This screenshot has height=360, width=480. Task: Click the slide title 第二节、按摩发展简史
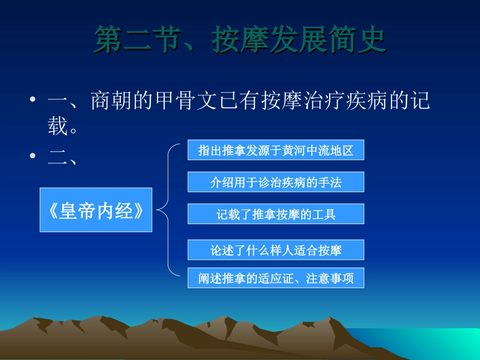pyautogui.click(x=241, y=40)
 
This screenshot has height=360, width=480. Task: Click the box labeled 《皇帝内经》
pyautogui.click(x=96, y=210)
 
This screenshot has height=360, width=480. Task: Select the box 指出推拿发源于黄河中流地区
pyautogui.click(x=276, y=150)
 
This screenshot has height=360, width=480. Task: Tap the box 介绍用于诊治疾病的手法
pyautogui.click(x=276, y=182)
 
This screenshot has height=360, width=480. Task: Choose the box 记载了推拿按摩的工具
pyautogui.click(x=276, y=214)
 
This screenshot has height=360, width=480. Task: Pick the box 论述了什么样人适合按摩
pyautogui.click(x=276, y=250)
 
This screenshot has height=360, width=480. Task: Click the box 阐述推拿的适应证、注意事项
pyautogui.click(x=276, y=278)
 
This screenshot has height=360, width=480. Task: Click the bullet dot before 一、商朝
pyautogui.click(x=33, y=100)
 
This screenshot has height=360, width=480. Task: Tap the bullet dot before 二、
pyautogui.click(x=33, y=156)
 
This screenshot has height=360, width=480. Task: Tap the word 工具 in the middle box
pyautogui.click(x=326, y=214)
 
